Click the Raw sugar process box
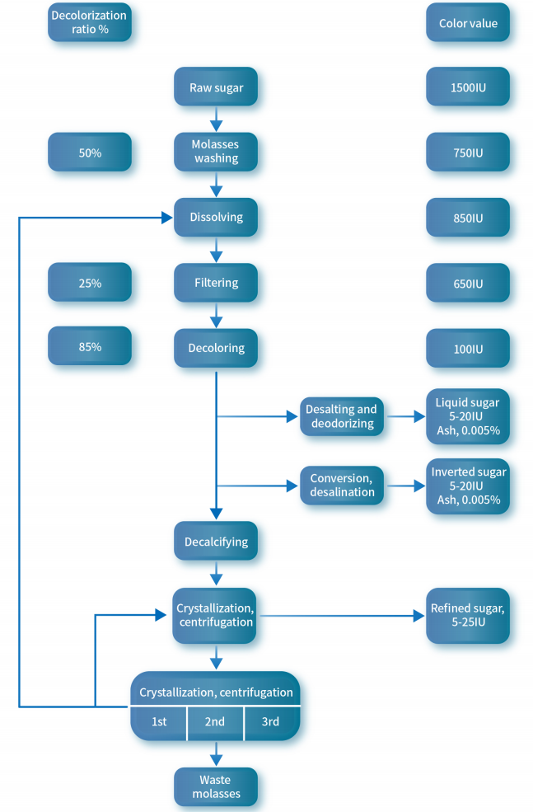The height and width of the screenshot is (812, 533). pos(216,87)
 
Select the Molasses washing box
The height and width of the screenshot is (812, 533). pos(216,152)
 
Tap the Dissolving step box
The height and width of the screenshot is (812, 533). pos(216,218)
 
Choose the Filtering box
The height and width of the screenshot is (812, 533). pos(216,283)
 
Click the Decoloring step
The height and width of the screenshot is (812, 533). pos(216,348)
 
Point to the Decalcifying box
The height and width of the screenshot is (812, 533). pos(216,542)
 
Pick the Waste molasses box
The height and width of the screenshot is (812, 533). pos(216,786)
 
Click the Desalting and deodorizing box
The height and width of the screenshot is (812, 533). pos(341,416)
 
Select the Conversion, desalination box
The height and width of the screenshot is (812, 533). pos(341,485)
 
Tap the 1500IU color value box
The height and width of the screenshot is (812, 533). pos(468,87)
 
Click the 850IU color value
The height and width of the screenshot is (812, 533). pos(468,218)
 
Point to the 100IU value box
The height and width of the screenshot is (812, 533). pos(468,349)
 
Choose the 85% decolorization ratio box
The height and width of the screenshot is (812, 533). pos(90,347)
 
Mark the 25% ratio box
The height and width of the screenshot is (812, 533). pos(90,283)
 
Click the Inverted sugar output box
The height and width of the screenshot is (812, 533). pos(468,486)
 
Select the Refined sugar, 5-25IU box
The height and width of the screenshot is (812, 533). pos(468,616)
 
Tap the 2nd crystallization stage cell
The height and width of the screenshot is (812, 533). pos(215,722)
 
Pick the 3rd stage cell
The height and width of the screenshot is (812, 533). pos(271,722)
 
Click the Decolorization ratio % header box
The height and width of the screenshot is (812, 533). pos(90,23)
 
